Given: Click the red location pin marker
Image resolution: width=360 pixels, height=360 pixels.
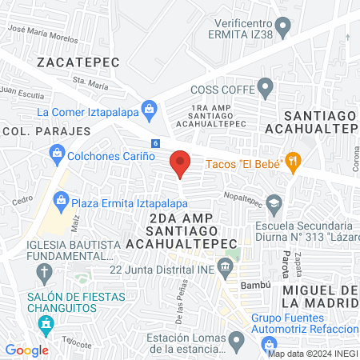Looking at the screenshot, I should pos(180,163).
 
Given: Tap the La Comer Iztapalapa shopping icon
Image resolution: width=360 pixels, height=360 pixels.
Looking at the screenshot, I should pos(148,108).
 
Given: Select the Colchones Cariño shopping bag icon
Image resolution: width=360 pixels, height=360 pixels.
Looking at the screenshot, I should pos(57,151).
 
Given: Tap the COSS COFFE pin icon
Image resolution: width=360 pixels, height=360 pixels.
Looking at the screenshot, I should pos(266,86).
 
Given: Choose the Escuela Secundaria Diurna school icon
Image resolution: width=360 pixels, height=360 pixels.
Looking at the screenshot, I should pos(275,202).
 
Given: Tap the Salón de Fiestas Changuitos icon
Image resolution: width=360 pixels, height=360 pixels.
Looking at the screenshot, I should pos(46,324).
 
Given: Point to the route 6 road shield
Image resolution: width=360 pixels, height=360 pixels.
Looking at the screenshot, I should pos(155,143).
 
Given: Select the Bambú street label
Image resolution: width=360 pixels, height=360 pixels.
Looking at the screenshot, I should pos(252,284).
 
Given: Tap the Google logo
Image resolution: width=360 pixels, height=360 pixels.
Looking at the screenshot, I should pos(26,350).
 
